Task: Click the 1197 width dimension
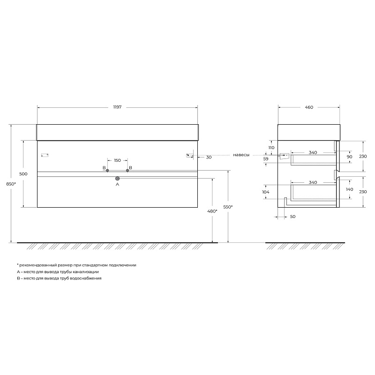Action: tap(118, 107)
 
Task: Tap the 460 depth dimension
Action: tap(309, 107)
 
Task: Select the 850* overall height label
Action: tap(11, 184)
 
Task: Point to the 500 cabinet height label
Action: tap(23, 174)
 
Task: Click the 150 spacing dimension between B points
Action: tap(118, 160)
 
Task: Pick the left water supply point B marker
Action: tap(107, 171)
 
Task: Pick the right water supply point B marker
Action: tap(127, 171)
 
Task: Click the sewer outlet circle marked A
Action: tap(118, 179)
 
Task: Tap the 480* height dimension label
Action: tap(212, 211)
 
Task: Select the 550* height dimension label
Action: tap(228, 207)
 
